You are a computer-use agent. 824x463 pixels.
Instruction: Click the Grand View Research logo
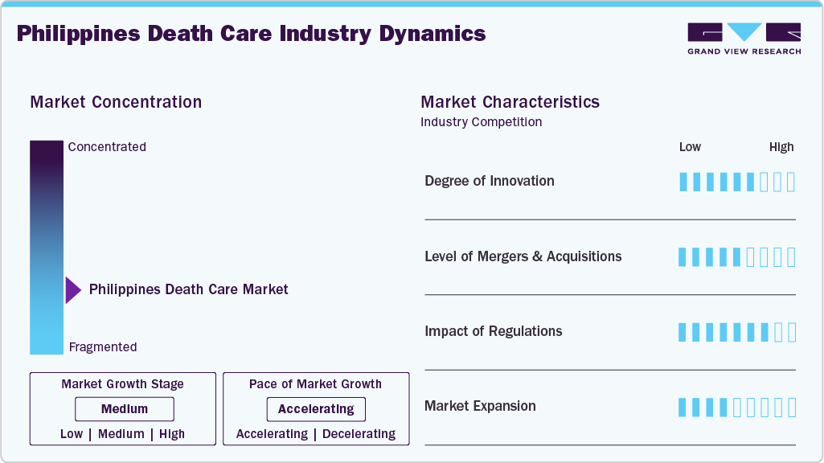pyautogui.click(x=744, y=38)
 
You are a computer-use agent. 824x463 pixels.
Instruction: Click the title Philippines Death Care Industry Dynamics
pyautogui.click(x=251, y=34)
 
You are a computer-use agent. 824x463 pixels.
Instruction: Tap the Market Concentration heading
pyautogui.click(x=116, y=102)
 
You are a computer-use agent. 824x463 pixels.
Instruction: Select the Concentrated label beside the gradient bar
pyautogui.click(x=107, y=147)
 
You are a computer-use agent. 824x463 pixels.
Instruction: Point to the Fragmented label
pyautogui.click(x=103, y=347)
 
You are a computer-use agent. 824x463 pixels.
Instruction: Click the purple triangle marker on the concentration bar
pyautogui.click(x=73, y=289)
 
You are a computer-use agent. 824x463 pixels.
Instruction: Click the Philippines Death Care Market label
pyautogui.click(x=188, y=289)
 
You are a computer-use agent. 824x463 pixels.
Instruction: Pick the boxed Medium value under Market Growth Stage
pyautogui.click(x=124, y=409)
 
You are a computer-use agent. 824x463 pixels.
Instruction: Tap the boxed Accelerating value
pyautogui.click(x=316, y=409)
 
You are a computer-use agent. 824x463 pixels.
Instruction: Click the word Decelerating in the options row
pyautogui.click(x=359, y=434)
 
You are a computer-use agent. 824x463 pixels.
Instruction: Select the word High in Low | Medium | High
pyautogui.click(x=172, y=434)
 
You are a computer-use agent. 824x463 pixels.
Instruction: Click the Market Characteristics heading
pyautogui.click(x=510, y=102)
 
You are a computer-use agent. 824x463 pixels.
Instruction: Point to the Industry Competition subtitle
pyautogui.click(x=481, y=122)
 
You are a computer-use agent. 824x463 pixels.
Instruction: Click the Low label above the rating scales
pyautogui.click(x=690, y=147)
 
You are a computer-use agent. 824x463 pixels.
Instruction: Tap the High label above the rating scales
pyautogui.click(x=781, y=147)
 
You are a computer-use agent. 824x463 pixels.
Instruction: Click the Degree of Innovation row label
pyautogui.click(x=489, y=181)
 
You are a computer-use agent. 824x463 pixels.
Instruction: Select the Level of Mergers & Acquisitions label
pyautogui.click(x=523, y=256)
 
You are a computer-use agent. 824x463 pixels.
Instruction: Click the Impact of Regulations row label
pyautogui.click(x=493, y=331)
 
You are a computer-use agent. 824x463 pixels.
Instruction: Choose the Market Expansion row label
pyautogui.click(x=480, y=406)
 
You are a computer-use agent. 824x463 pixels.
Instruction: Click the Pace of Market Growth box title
pyautogui.click(x=315, y=384)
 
